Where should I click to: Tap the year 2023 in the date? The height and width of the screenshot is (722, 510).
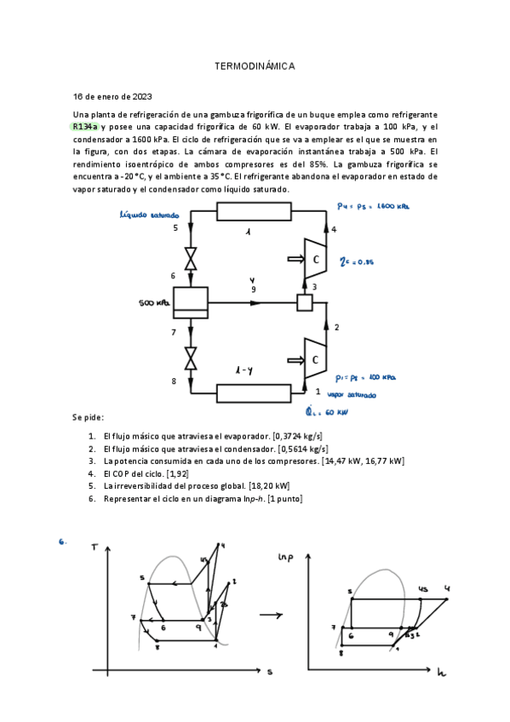136,96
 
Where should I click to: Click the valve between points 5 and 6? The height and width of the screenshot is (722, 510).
191,258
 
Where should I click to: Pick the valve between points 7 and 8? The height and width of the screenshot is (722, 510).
191,357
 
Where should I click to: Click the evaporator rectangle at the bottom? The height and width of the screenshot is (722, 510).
255,393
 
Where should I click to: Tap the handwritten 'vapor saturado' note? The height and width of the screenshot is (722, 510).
352,395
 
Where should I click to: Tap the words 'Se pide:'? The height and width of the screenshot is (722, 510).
89,417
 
